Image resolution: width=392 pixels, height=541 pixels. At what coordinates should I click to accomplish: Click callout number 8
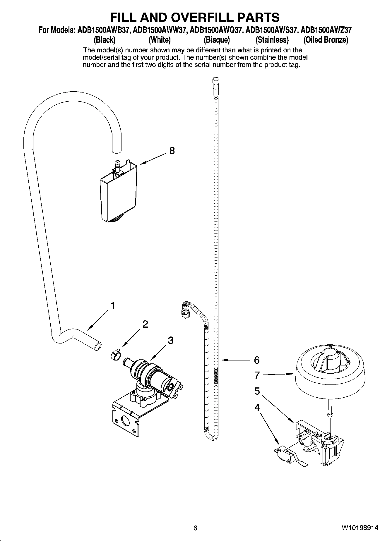coord(172,151)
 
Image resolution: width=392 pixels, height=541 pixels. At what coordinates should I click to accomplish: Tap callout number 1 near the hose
coord(112,305)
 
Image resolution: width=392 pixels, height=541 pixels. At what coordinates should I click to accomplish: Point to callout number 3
coord(170,340)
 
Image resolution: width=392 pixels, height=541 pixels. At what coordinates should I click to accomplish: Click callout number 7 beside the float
coord(257,375)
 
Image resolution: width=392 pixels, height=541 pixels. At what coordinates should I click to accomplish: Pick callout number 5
coord(257,391)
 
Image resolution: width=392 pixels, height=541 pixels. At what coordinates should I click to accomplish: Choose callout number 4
coord(257,408)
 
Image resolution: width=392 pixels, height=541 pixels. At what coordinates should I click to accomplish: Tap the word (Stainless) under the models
coord(272,39)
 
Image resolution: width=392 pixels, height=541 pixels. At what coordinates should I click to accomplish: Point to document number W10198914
coord(360,528)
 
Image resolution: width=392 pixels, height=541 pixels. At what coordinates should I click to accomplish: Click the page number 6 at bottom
coord(195,528)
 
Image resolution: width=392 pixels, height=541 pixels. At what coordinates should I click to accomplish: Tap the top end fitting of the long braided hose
coord(215,82)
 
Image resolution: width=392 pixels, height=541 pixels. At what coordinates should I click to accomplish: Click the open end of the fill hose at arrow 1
coord(97,346)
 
